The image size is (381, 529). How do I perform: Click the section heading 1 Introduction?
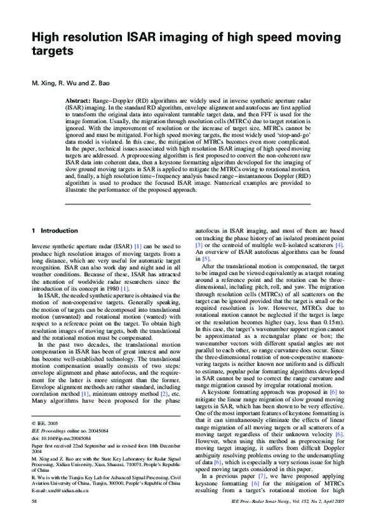[57, 231]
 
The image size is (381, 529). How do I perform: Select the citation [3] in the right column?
[199, 244]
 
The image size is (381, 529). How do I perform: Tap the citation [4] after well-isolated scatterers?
[340, 244]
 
